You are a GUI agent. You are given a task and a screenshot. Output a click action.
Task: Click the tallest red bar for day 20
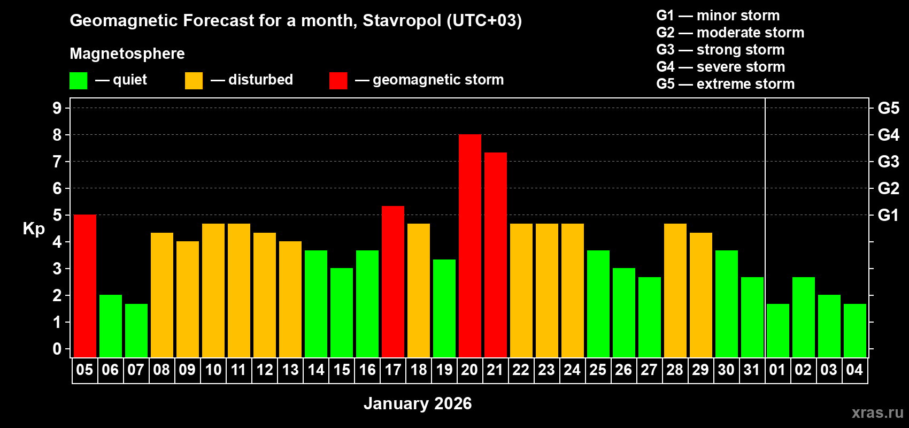(469, 246)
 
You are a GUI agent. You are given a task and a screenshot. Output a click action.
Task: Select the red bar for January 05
(84, 286)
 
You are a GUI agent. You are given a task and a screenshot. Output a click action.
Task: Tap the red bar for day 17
(393, 281)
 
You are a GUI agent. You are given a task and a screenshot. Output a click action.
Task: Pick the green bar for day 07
(136, 330)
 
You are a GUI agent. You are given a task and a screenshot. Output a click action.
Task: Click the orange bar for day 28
(675, 290)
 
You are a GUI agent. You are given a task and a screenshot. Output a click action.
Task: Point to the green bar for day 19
(444, 308)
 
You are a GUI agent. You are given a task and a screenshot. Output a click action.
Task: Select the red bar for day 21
(496, 255)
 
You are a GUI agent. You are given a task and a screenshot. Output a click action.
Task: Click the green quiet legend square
(78, 81)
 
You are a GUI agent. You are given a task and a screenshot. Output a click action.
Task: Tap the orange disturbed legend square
(194, 81)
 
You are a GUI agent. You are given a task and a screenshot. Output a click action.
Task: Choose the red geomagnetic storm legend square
(338, 81)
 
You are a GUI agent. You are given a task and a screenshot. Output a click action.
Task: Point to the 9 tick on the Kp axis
(57, 108)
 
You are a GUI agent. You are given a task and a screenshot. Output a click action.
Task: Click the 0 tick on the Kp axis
(57, 349)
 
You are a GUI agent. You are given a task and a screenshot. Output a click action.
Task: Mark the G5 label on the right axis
(888, 108)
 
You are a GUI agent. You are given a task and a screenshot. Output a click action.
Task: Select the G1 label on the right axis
(888, 215)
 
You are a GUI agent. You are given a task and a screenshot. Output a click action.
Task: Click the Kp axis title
(34, 228)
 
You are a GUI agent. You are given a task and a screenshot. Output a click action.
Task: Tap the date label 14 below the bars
(316, 370)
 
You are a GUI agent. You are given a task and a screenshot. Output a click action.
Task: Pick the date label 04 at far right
(854, 370)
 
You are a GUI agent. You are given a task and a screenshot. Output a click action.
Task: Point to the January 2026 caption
(418, 403)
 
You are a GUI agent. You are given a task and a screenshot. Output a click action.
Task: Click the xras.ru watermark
(877, 412)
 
